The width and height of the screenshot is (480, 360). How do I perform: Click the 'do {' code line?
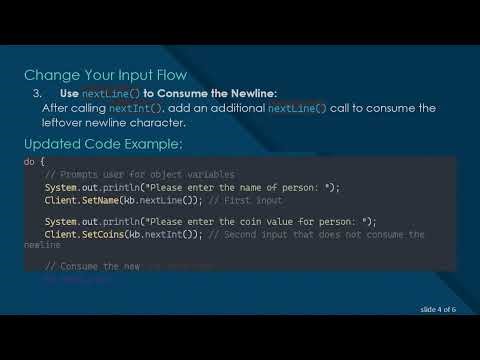tap(35, 161)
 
